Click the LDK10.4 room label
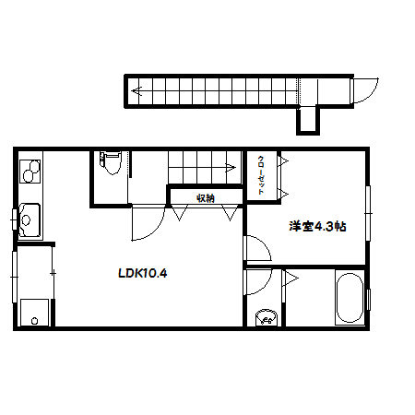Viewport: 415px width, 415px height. [x=143, y=273]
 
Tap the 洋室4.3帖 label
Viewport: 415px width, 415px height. [x=317, y=227]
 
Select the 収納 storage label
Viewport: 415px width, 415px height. [x=206, y=198]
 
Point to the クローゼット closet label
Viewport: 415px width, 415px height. [x=261, y=175]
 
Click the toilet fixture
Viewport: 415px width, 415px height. [x=111, y=162]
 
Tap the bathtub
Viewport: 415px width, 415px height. [x=350, y=297]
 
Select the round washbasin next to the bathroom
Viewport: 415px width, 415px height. [x=267, y=316]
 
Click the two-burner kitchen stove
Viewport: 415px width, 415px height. [x=30, y=172]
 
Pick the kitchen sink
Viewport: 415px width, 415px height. [x=30, y=219]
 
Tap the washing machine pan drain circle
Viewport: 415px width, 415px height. [x=35, y=321]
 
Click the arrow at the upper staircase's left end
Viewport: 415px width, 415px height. [x=137, y=91]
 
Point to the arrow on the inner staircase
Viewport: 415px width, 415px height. [x=231, y=168]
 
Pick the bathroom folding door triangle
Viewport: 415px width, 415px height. [x=289, y=279]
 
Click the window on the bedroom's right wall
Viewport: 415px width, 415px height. [x=368, y=213]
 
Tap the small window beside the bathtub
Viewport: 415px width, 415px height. [x=368, y=300]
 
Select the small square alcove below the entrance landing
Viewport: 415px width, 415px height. [x=308, y=121]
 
